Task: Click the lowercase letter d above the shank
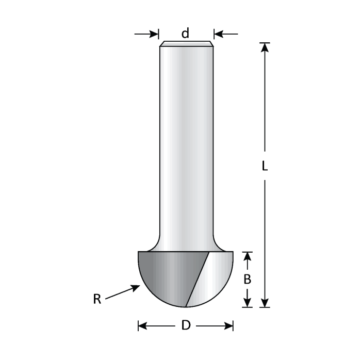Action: tap(185, 33)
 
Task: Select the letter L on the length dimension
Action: tap(265, 167)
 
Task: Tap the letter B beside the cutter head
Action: tap(248, 280)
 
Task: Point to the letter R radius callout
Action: tap(97, 299)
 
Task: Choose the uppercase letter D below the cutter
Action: tap(186, 326)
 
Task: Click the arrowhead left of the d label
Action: tap(154, 34)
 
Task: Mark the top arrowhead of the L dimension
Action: tap(265, 47)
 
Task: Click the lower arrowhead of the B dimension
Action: tap(248, 303)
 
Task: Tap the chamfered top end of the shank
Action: tap(186, 44)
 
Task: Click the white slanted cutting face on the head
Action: tap(199, 279)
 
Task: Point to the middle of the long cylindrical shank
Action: tap(186, 144)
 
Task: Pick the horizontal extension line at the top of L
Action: tap(265, 42)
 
